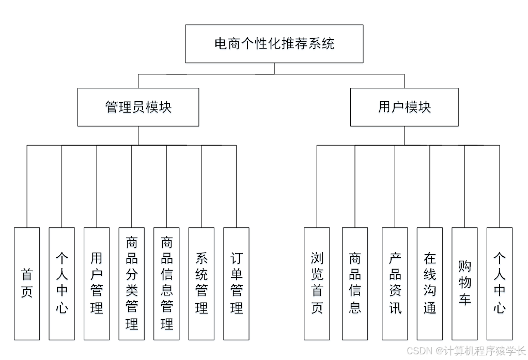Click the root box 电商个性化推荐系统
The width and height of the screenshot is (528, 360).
[x=274, y=43]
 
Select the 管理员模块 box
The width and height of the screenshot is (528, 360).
[x=138, y=107]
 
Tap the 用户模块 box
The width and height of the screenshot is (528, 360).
[x=404, y=107]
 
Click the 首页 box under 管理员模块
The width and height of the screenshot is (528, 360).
[x=27, y=284]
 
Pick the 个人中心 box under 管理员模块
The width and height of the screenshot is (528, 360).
[x=61, y=284]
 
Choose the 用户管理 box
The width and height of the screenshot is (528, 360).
[x=97, y=284]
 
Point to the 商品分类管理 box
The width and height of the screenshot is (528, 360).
[x=131, y=284]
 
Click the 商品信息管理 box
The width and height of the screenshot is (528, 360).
[x=166, y=284]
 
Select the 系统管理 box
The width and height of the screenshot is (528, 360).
[x=201, y=284]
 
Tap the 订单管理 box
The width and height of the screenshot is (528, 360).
[x=236, y=284]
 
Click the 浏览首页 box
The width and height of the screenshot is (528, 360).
[x=317, y=284]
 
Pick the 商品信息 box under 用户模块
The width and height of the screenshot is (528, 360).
[x=355, y=284]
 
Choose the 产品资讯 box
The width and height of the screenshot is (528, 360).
[x=395, y=284]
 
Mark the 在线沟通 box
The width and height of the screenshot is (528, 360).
[x=430, y=284]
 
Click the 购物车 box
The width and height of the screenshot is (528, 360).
[x=464, y=284]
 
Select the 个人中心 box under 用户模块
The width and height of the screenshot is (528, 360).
[x=500, y=284]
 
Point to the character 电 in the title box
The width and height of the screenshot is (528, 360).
[x=221, y=43]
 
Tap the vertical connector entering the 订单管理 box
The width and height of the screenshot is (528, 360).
[x=236, y=186]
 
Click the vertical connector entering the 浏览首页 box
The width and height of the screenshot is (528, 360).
[x=317, y=186]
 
